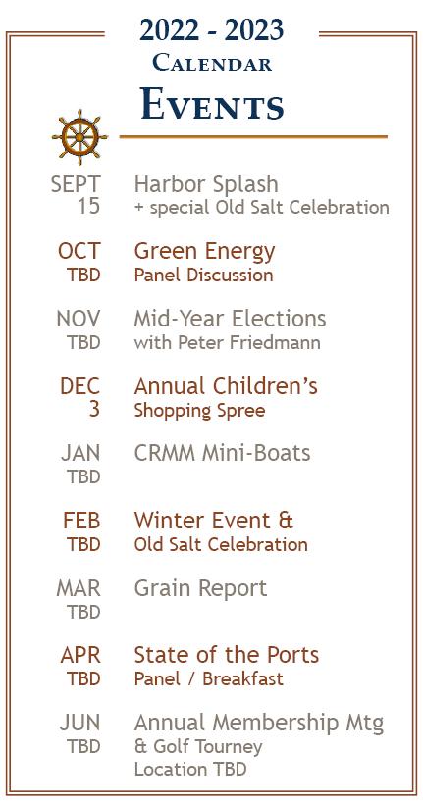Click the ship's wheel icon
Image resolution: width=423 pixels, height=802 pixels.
coord(79,137)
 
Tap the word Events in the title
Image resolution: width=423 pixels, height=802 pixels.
coord(212,104)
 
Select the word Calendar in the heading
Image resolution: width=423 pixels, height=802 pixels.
coord(212,64)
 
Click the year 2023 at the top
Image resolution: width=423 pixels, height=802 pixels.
coord(254,29)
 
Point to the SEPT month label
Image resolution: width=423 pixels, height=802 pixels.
coord(76,184)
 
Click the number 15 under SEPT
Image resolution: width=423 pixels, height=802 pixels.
coord(88,207)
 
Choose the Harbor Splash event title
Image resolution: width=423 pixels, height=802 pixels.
coord(206,184)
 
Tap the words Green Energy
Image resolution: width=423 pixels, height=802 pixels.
coord(204,252)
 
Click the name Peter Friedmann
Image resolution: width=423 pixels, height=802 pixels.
coord(249,342)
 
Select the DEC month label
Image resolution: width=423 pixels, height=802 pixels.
coord(79,386)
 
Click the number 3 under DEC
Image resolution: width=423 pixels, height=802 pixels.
coord(94,409)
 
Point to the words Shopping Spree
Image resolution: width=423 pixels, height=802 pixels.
coord(199,411)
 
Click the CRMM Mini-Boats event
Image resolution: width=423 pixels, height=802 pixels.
coord(222,453)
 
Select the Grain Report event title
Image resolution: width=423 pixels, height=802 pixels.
coord(200,588)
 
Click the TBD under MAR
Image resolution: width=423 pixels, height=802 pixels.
coord(83,612)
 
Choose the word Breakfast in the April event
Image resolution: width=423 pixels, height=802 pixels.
coord(242,678)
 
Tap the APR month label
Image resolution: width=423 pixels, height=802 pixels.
coord(80,655)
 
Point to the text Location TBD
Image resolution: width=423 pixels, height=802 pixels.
coord(190,770)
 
